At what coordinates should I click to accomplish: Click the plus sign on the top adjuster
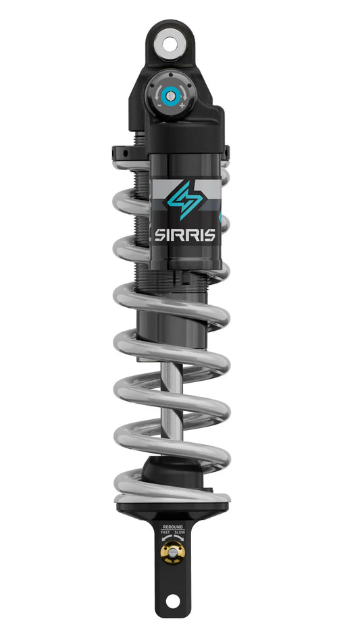(x=182, y=105)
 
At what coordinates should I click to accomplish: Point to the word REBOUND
(x=173, y=526)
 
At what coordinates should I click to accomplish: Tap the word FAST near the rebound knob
(x=165, y=532)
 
